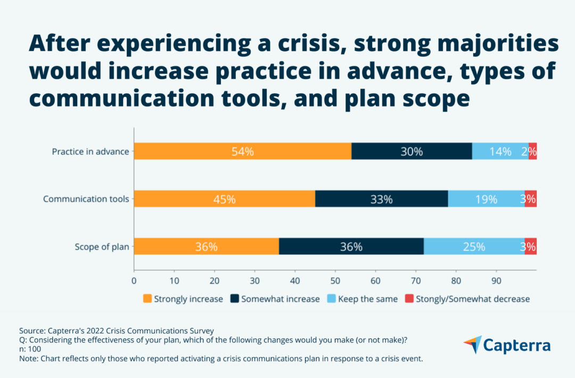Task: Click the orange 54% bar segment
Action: tap(242, 152)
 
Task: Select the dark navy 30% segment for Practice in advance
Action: tap(412, 152)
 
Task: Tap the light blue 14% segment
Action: tap(500, 152)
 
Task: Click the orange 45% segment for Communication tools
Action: tap(224, 199)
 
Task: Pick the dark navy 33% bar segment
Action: tap(381, 199)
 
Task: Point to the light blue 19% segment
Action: tap(486, 199)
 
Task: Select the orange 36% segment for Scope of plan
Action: tap(206, 247)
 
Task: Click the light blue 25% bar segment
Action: tap(474, 247)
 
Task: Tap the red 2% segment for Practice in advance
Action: tap(532, 152)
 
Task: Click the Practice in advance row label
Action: tap(90, 152)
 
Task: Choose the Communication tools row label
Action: tap(86, 199)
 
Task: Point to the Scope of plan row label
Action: tap(101, 247)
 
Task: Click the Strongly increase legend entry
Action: tap(183, 299)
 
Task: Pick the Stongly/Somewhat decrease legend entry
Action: tap(467, 299)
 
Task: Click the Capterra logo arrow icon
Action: tap(472, 345)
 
